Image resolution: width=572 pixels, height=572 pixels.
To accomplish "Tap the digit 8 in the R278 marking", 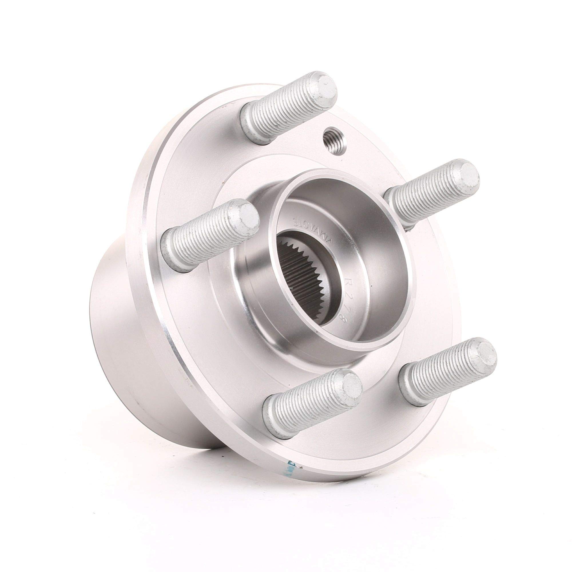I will (x=343, y=320).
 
